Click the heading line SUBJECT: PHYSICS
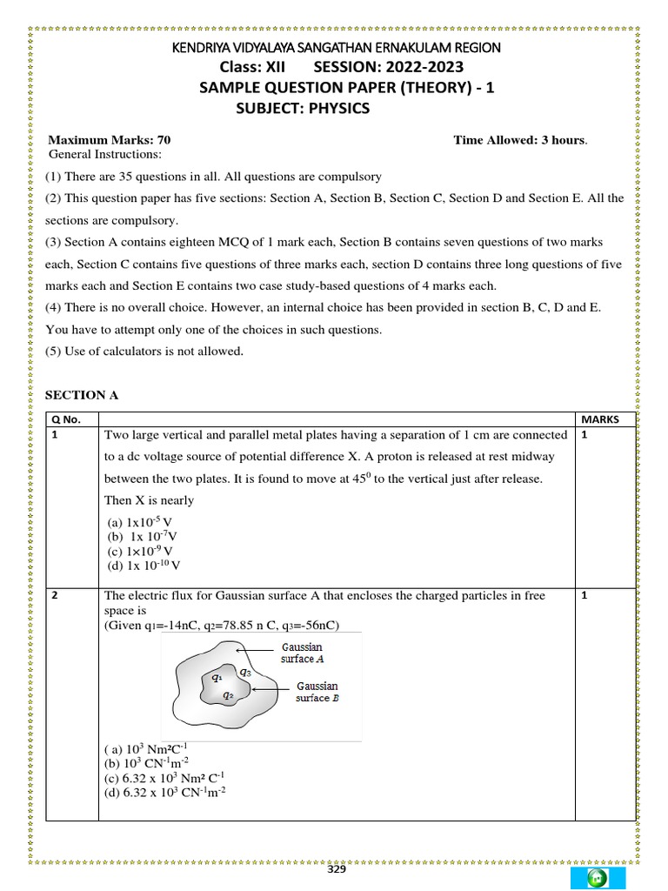point(303,108)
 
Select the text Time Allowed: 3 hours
point(520,140)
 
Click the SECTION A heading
point(82,395)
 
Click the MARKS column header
point(599,419)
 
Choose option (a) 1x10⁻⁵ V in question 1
point(140,522)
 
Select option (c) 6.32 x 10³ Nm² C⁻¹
point(168,777)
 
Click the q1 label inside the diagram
point(217,675)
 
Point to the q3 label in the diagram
point(246,672)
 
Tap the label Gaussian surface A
point(302,653)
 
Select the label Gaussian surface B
point(317,692)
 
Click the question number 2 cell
point(54,595)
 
